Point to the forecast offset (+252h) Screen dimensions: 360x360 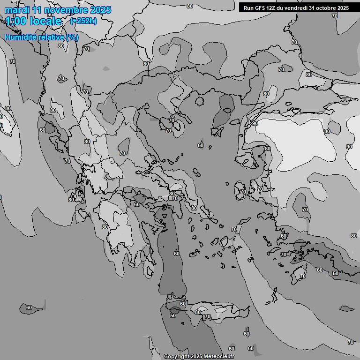[x=83, y=21]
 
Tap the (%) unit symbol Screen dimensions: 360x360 [x=72, y=37]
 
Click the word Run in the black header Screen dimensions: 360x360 [x=249, y=8]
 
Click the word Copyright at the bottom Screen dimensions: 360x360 [x=177, y=357]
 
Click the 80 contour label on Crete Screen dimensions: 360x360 [x=198, y=312]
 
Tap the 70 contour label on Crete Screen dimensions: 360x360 [x=208, y=317]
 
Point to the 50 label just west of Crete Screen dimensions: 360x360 [x=173, y=315]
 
